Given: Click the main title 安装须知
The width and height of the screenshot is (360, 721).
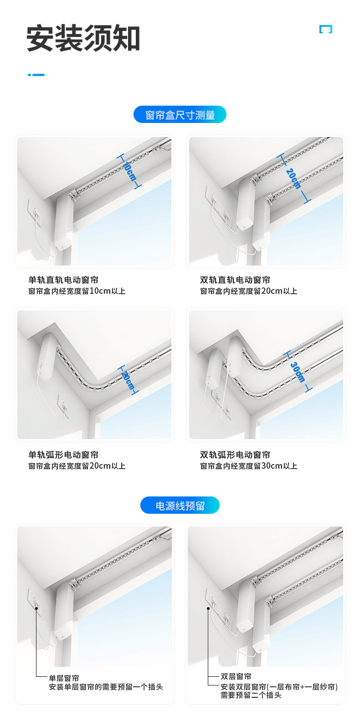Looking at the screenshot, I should (83, 39).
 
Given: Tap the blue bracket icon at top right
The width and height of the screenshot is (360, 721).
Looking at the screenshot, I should (325, 29).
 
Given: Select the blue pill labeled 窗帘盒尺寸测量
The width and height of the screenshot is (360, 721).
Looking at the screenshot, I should (180, 115).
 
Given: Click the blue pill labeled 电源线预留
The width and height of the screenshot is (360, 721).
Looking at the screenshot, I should (180, 506).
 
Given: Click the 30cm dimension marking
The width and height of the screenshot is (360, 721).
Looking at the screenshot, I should (298, 372).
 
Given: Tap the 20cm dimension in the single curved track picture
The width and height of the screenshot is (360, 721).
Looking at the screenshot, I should (128, 380).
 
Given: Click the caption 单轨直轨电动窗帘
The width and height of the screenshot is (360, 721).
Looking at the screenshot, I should (63, 280).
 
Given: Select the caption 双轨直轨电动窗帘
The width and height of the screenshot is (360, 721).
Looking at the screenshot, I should (235, 280).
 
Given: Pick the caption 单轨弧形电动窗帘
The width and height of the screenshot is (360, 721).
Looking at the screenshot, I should (63, 455).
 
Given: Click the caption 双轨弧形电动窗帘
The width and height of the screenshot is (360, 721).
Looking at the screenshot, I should (235, 455).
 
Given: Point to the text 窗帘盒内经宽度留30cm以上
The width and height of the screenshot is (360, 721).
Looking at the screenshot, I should (249, 466).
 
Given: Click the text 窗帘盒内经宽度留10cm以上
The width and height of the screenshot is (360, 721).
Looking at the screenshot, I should (77, 291).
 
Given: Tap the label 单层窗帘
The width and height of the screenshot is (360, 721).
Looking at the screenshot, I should (64, 678).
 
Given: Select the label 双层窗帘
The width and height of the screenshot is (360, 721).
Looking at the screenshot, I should (236, 676).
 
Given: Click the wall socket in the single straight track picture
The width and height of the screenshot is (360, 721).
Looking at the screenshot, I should (35, 211).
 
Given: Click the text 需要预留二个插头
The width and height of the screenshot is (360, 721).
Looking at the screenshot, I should (251, 695).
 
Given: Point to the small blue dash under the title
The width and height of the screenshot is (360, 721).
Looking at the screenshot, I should (36, 75).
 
